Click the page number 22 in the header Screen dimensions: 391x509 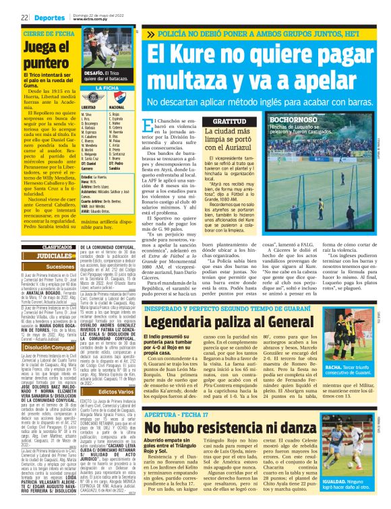tap(24, 18)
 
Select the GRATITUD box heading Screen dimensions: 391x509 tap(202, 121)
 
